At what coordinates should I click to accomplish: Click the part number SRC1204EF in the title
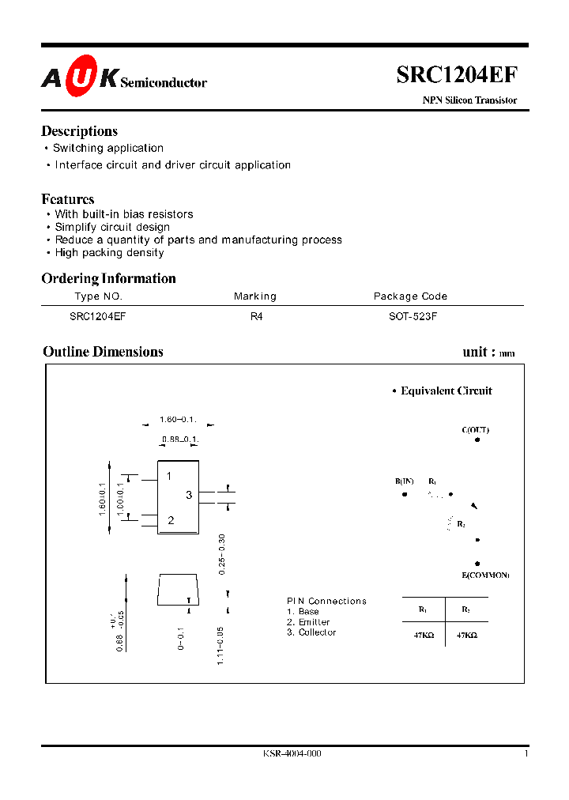(457, 75)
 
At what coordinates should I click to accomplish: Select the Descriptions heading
(79, 131)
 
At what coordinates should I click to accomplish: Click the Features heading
(67, 199)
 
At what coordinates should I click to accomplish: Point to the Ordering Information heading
(108, 278)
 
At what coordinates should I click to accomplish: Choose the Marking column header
(255, 296)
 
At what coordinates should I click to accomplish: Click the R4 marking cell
(255, 315)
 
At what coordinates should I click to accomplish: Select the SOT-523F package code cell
(410, 315)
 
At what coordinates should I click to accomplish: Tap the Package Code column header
(410, 296)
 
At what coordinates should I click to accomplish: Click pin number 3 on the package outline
(189, 495)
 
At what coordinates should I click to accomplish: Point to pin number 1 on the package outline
(169, 476)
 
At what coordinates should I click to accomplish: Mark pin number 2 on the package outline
(171, 520)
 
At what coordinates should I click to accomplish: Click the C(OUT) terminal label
(476, 430)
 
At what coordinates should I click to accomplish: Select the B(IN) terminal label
(405, 481)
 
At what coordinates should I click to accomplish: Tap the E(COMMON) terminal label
(485, 575)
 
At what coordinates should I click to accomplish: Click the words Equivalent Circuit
(446, 391)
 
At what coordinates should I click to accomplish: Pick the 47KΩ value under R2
(467, 635)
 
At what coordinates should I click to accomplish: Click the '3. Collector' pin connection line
(311, 632)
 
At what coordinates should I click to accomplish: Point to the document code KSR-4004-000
(292, 754)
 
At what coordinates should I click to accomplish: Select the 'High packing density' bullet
(109, 253)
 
